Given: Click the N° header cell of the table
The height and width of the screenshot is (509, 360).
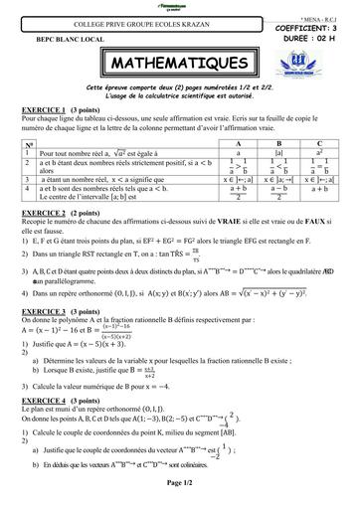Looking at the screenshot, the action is click(29, 143).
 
